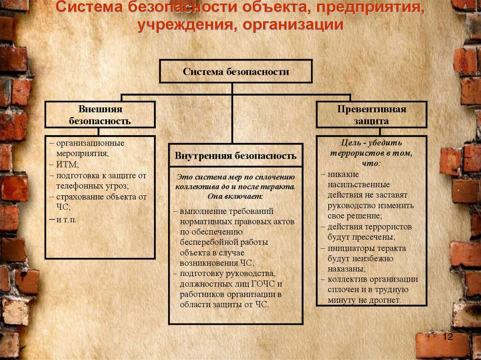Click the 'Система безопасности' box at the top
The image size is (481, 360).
236,72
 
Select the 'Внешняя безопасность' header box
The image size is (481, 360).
100,115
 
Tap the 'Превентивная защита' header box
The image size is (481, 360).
371,115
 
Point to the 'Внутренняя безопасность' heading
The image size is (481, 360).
235,156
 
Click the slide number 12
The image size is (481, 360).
447,337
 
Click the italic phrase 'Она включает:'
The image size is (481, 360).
235,196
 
